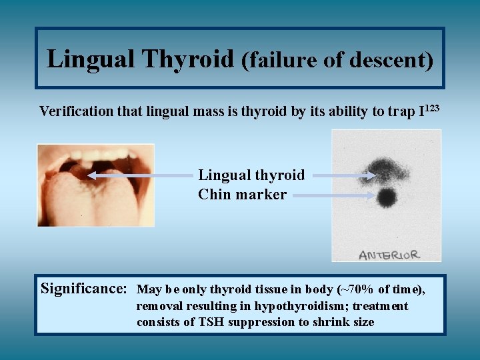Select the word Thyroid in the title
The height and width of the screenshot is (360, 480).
[x=187, y=59]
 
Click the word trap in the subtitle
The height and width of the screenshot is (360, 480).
[x=400, y=111]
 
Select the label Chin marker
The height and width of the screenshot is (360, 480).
[x=242, y=195]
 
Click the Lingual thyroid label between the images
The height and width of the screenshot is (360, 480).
[x=251, y=175]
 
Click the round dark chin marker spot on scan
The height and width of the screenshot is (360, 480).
[x=386, y=197]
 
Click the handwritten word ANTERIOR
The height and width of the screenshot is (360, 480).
[x=389, y=255]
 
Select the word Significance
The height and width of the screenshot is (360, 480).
[x=84, y=289]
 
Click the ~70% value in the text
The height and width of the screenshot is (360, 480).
[x=354, y=289]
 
